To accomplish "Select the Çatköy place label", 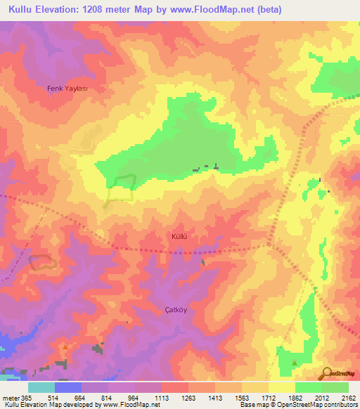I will (177, 309).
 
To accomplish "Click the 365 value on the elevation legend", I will (23, 398).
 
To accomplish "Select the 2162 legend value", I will (349, 398).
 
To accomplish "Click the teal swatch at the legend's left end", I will (41, 387).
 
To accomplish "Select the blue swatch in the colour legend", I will (68, 387).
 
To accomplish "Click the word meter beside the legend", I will (8, 398).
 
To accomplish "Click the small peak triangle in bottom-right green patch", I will (294, 363).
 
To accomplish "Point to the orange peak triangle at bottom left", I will (65, 346).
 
